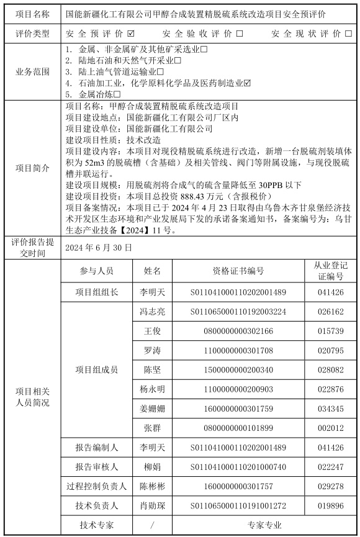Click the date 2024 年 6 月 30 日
tap(98, 247)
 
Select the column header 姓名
tap(153, 271)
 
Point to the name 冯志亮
tap(153, 312)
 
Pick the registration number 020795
tap(330, 351)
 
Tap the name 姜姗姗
tap(153, 408)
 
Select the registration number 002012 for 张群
tap(330, 428)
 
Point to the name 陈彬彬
tap(153, 486)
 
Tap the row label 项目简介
tap(32, 167)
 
